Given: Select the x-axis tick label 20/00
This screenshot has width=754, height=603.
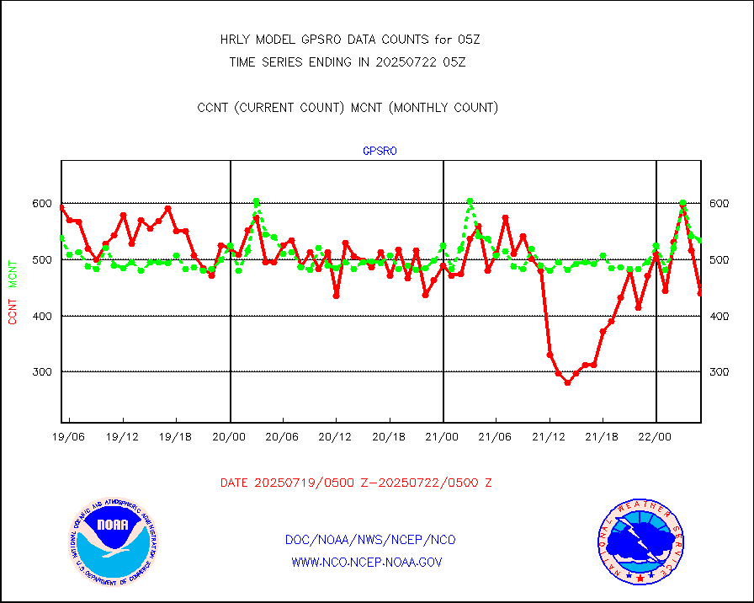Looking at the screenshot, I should pyautogui.click(x=230, y=438).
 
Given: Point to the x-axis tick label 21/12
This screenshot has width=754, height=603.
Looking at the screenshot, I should pyautogui.click(x=549, y=438).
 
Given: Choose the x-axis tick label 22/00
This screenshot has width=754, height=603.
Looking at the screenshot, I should pyautogui.click(x=656, y=438).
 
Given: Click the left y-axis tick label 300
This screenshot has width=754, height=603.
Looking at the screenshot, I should pyautogui.click(x=42, y=372).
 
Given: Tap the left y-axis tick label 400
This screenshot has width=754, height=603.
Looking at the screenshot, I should pyautogui.click(x=42, y=316).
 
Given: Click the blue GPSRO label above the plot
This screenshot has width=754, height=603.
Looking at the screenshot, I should pyautogui.click(x=380, y=152).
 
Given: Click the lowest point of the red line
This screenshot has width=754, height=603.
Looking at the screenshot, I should pyautogui.click(x=567, y=382).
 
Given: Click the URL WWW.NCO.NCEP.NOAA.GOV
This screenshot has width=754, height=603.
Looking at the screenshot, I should pyautogui.click(x=367, y=562).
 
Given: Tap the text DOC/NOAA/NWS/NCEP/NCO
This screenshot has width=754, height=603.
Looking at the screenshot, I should pyautogui.click(x=370, y=540).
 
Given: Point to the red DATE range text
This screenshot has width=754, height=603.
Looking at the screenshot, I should pyautogui.click(x=356, y=483).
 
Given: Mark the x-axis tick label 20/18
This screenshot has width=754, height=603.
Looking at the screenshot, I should pyautogui.click(x=390, y=438).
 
